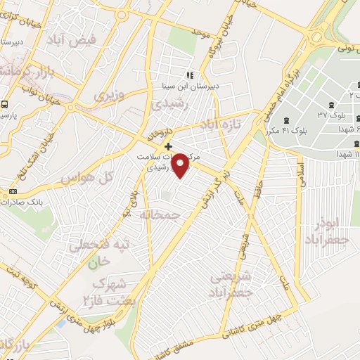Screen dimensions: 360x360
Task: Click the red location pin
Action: [181, 164]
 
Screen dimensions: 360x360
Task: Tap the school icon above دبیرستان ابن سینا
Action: [188, 75]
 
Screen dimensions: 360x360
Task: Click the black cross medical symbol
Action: [167, 146]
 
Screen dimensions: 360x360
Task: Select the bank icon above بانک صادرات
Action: [13, 191]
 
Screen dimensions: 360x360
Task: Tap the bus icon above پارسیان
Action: [4, 103]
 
